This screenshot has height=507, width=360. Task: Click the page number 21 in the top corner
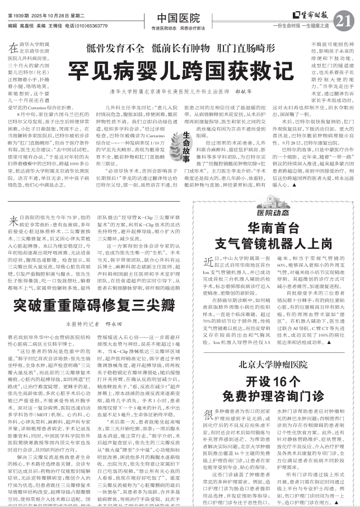(347, 21)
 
